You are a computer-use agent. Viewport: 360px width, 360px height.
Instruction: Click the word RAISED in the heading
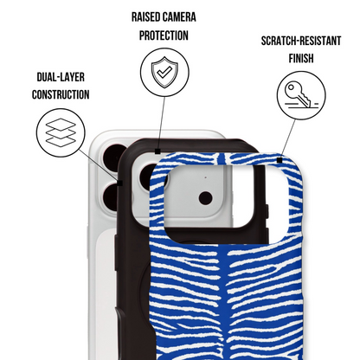(145, 17)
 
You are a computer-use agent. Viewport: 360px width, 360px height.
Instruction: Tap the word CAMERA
(180, 17)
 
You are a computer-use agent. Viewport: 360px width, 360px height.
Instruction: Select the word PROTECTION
(164, 35)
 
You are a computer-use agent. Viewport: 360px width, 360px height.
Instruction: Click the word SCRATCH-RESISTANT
(301, 41)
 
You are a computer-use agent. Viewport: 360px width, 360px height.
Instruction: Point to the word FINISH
(301, 58)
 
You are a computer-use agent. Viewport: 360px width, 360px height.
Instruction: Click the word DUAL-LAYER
(61, 77)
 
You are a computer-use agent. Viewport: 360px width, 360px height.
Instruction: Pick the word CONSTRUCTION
(61, 94)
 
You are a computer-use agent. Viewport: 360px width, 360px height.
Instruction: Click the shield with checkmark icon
(164, 72)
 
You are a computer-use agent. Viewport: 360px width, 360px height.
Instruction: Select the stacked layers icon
(61, 132)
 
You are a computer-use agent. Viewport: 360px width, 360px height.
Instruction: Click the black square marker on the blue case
(280, 160)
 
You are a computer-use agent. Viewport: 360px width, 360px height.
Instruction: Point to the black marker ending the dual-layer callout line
(120, 183)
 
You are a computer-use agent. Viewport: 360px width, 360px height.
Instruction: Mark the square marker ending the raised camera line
(157, 151)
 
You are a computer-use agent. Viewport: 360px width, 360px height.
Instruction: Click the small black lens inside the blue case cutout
(205, 198)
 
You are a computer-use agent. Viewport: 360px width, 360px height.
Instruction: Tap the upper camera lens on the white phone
(114, 158)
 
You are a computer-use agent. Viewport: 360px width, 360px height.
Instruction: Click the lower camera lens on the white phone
(111, 197)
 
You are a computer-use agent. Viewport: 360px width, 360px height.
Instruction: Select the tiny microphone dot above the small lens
(205, 177)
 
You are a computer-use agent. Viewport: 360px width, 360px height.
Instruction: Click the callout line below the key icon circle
(288, 138)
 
